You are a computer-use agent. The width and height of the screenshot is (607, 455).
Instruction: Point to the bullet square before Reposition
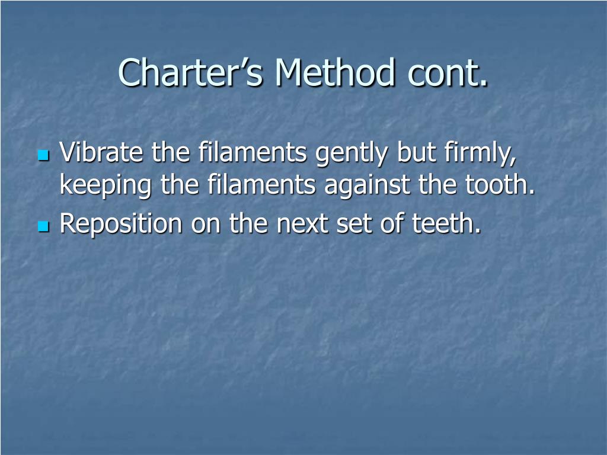42,226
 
